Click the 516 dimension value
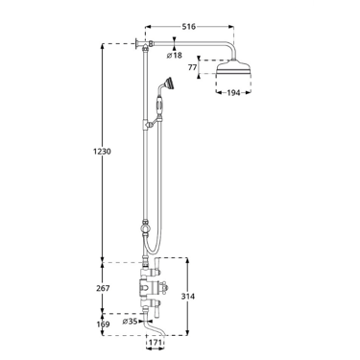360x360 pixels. click(189, 27)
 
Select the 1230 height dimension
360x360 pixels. click(103, 151)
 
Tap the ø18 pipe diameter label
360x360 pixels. click(175, 56)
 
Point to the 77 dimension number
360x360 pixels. click(192, 67)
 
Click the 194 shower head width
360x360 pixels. click(233, 93)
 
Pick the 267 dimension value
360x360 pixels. click(103, 288)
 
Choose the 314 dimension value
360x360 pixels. click(188, 297)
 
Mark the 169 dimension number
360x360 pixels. click(103, 324)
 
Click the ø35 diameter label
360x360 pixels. click(130, 321)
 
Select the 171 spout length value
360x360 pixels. click(156, 343)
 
